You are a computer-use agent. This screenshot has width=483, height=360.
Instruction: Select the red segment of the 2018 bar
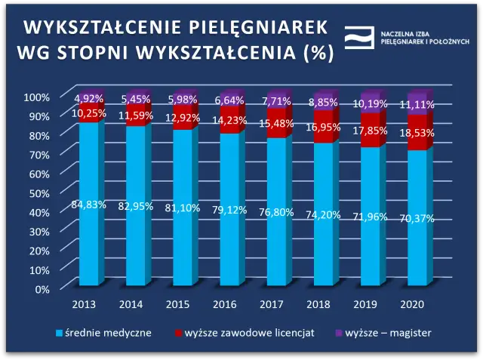324,127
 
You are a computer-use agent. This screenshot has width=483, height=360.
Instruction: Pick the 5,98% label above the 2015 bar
183,100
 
